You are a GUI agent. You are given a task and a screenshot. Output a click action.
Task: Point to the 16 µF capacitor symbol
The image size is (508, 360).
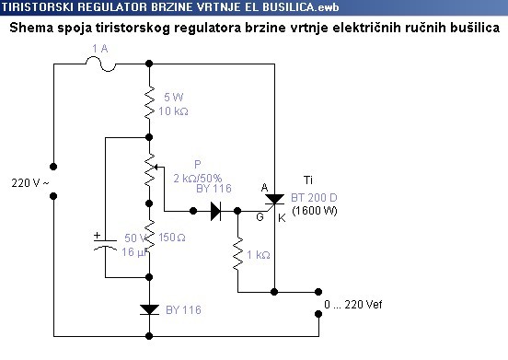point(106,247)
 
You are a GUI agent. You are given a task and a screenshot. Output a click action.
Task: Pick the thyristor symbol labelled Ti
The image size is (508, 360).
point(275,206)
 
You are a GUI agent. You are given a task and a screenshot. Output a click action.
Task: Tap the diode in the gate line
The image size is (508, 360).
point(217,211)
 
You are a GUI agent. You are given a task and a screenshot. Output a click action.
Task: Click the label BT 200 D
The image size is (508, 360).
point(314,198)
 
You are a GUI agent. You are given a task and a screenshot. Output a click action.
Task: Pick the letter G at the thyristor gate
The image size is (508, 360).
point(260,217)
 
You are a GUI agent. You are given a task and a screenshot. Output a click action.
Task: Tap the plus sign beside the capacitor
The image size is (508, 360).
point(98,235)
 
